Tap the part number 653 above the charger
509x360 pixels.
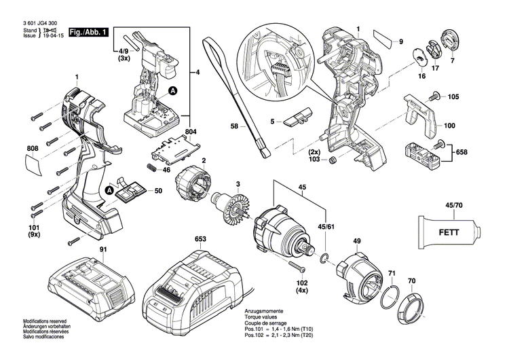pyautogui.click(x=200, y=239)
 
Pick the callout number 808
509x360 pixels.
pyautogui.click(x=33, y=148)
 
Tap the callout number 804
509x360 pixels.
pyautogui.click(x=191, y=132)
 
